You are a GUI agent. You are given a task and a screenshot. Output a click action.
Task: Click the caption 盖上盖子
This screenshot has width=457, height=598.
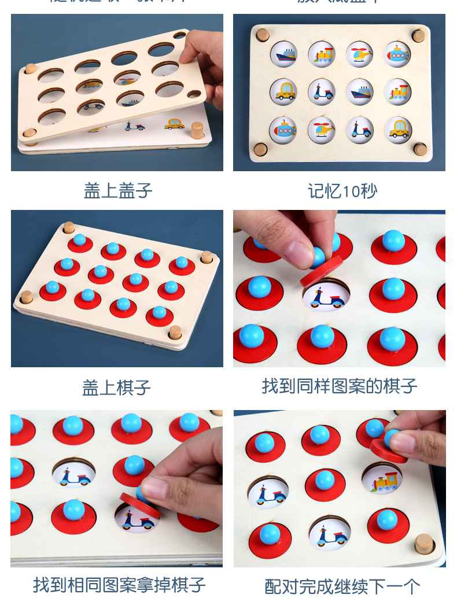(118, 191)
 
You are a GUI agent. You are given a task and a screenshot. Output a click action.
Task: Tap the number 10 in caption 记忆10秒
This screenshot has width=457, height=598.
(351, 191)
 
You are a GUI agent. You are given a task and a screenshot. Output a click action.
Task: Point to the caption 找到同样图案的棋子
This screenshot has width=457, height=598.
(339, 386)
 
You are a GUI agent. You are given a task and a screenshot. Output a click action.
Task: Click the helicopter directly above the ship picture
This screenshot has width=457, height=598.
(359, 54)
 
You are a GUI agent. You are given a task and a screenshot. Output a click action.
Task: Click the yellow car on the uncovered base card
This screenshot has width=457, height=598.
(174, 123)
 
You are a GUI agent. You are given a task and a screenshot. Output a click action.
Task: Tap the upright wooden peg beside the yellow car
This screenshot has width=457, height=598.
(197, 130)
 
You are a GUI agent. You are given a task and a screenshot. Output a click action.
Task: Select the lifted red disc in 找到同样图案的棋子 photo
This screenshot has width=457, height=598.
(320, 271)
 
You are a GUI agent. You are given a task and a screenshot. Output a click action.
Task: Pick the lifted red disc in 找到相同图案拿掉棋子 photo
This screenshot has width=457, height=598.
(140, 505)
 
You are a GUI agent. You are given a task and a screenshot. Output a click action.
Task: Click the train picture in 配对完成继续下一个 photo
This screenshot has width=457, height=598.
(382, 479)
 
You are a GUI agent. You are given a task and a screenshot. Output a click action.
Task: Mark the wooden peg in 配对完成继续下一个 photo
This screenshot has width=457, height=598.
(425, 543)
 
